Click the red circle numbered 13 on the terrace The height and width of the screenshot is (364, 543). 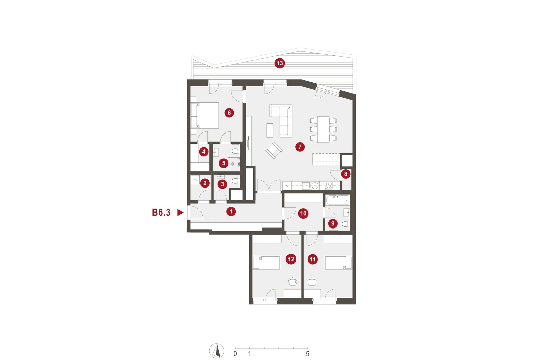279,63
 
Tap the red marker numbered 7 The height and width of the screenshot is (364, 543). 300,147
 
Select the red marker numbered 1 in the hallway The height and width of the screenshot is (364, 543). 231,211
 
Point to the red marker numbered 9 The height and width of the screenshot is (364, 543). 333,223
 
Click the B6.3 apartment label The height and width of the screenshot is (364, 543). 161,212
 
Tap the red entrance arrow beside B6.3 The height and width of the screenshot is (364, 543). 180,213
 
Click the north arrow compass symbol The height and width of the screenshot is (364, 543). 217,351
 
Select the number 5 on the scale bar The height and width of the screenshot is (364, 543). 307,354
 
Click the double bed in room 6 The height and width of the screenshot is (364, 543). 205,116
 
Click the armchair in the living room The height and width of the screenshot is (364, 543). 274,150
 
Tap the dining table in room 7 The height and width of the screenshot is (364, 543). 324,129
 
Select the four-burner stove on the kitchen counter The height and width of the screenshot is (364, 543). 328,185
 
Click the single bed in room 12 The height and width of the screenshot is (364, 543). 266,263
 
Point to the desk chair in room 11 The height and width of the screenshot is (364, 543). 312,281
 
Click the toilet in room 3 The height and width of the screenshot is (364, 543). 236,181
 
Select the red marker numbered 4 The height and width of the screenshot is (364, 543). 203,152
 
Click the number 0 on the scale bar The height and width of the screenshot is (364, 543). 235,354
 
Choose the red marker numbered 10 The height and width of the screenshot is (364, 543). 303,213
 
